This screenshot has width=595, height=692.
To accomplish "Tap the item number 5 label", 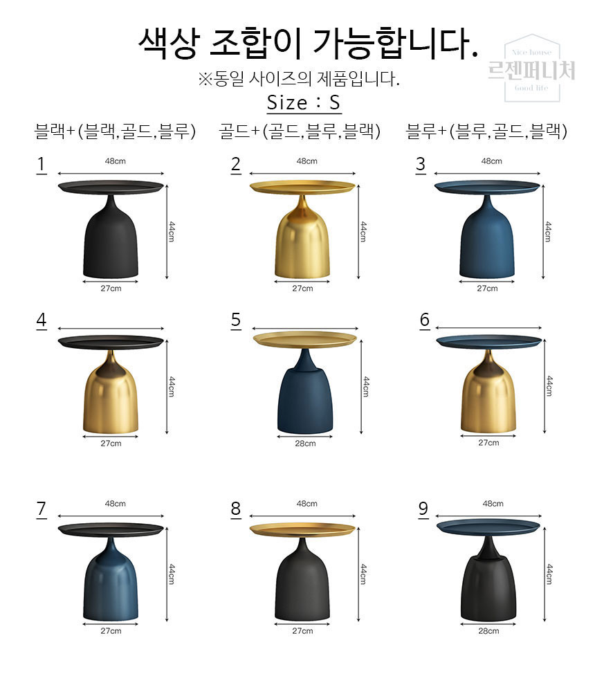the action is click(236, 320).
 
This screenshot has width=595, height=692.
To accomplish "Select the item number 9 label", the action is click(423, 509).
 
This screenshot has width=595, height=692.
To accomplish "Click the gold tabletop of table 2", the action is click(302, 187).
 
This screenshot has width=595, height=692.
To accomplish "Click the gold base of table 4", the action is click(110, 397).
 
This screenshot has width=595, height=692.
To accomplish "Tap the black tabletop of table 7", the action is click(111, 529).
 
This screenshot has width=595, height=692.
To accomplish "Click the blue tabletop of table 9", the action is click(488, 527).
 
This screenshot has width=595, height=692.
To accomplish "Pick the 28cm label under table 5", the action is click(305, 444).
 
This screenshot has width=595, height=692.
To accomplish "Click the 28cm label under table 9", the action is click(488, 631).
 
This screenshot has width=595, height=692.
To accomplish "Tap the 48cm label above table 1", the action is click(116, 161).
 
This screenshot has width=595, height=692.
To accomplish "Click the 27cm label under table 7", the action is click(111, 631).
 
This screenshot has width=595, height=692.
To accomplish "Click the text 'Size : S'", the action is click(304, 103).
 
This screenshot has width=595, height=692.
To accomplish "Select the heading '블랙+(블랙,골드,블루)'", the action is click(115, 131).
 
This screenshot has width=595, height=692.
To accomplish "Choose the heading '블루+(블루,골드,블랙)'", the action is click(486, 131).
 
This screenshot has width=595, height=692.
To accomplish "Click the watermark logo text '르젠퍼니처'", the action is click(531, 70).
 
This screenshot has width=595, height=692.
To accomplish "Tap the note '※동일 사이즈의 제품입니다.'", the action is click(299, 79).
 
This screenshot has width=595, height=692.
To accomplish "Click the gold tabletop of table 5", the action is click(305, 339).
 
